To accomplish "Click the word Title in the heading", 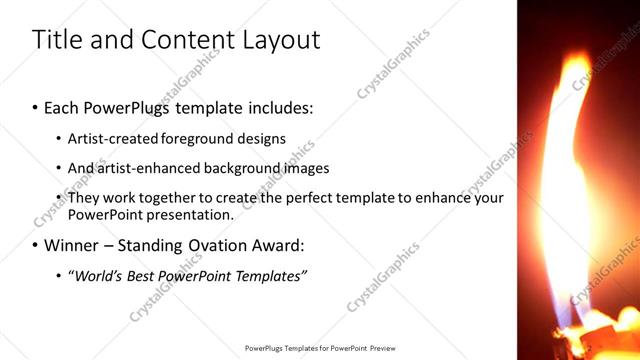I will click(x=56, y=40).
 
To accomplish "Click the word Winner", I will click(x=71, y=245).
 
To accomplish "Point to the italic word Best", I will click(x=142, y=275).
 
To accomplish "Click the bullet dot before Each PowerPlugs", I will click(x=36, y=105).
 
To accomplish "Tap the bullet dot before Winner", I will click(x=36, y=245).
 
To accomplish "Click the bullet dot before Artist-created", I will click(x=59, y=138).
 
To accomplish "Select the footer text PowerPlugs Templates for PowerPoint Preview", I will click(x=320, y=349).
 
